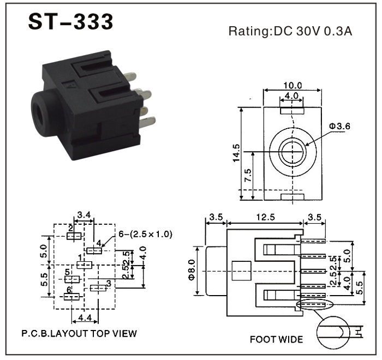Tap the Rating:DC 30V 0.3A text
(290, 31)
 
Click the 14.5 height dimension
(235, 153)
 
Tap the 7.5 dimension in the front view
(248, 176)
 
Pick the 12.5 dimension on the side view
(265, 217)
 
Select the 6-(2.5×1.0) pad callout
(146, 234)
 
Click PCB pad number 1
(84, 265)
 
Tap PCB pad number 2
(74, 236)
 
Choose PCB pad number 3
(98, 287)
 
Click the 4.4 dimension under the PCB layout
(85, 317)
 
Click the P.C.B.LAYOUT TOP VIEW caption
(79, 333)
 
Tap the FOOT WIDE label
(276, 339)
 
